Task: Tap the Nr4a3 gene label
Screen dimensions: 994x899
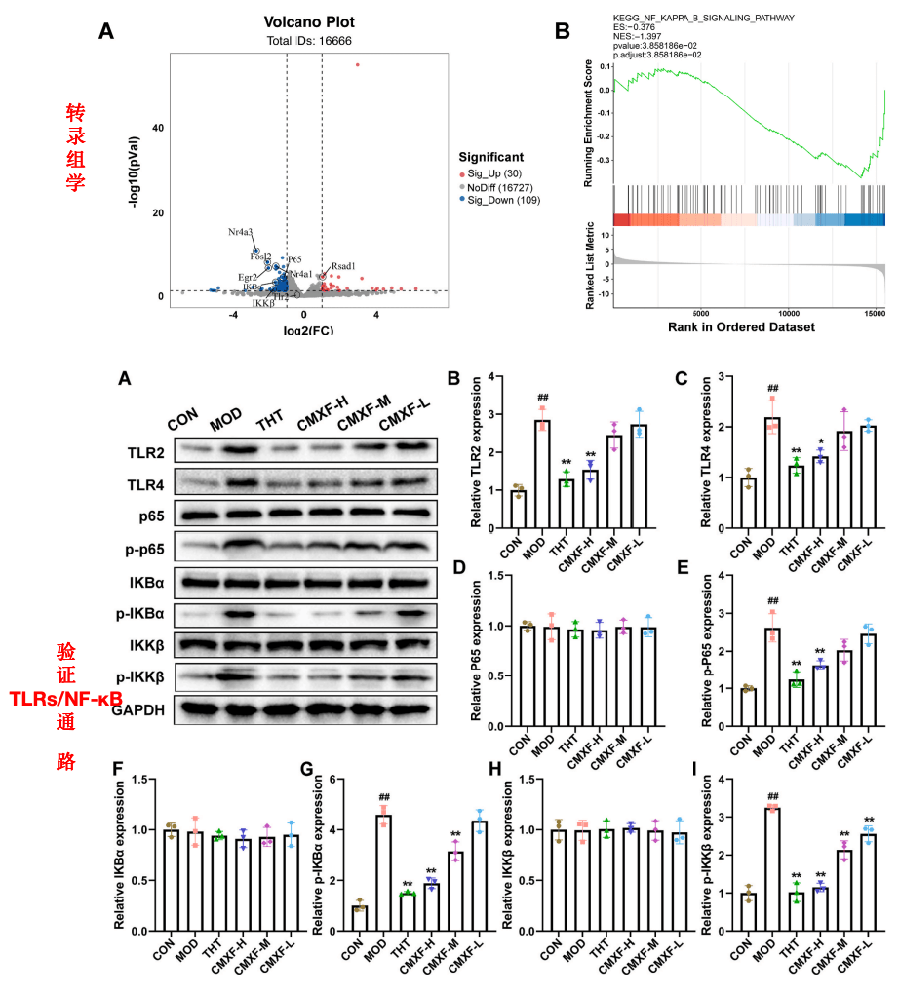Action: [x=241, y=232]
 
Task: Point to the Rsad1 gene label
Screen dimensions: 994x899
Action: [x=343, y=265]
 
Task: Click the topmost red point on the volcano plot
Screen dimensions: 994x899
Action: [x=358, y=65]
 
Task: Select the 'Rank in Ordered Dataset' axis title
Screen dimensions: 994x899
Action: [x=741, y=327]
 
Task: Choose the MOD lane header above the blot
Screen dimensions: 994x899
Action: [x=228, y=425]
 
